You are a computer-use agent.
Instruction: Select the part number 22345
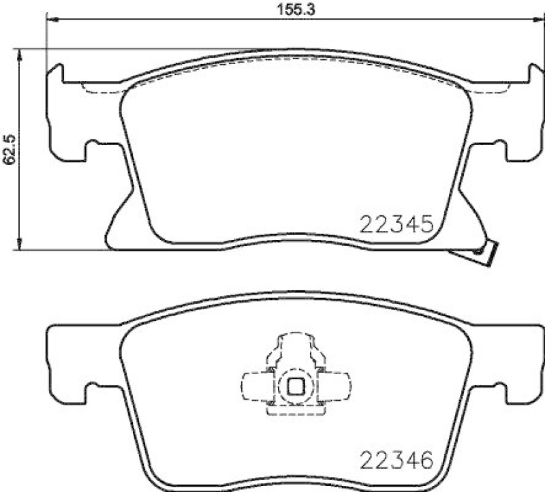[394, 224]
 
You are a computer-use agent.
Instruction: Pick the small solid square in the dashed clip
[296, 386]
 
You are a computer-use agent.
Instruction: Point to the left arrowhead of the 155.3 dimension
[50, 20]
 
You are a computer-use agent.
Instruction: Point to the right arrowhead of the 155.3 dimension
[525, 20]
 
